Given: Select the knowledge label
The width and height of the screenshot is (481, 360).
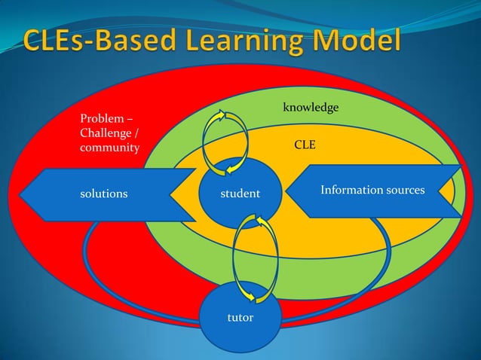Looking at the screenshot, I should click(311, 109).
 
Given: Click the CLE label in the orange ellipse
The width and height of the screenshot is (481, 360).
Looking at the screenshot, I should click(305, 143).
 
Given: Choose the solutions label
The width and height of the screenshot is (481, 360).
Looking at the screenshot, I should click(103, 194).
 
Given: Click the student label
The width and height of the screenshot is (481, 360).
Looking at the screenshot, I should click(240, 194).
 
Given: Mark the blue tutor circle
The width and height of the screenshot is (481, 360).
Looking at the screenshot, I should click(240, 331).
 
